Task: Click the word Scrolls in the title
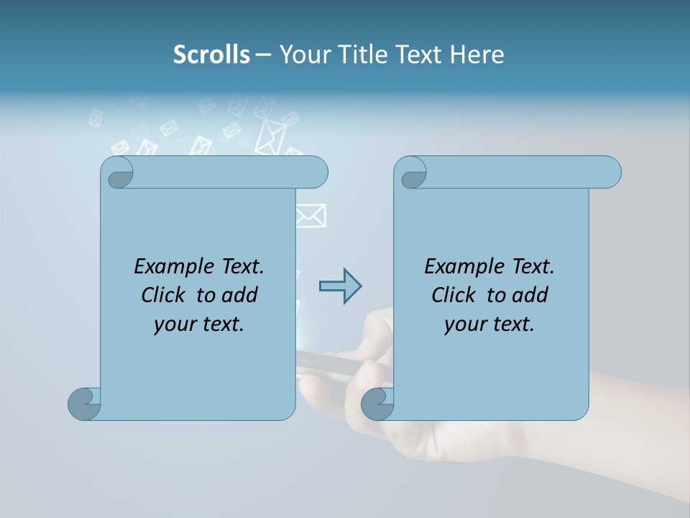click(212, 54)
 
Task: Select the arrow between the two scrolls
click(340, 286)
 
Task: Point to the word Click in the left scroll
click(165, 295)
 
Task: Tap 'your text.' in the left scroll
click(199, 324)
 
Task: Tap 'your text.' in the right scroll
click(489, 324)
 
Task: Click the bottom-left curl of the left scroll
click(84, 403)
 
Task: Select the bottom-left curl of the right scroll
click(377, 403)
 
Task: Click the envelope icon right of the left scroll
click(310, 215)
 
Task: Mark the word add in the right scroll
click(530, 295)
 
